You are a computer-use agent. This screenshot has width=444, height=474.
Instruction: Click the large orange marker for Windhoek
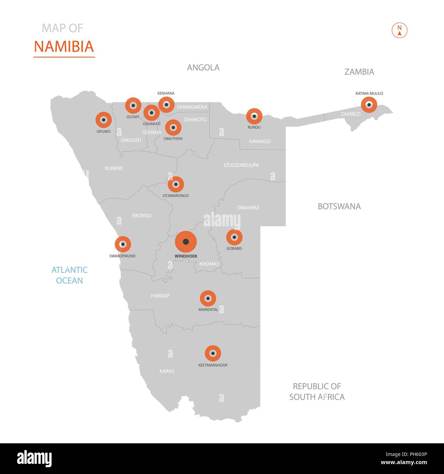pyautogui.click(x=186, y=242)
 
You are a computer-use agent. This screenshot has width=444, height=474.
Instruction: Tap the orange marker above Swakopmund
pyautogui.click(x=123, y=244)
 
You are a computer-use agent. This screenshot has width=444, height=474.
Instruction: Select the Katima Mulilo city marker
pyautogui.click(x=369, y=104)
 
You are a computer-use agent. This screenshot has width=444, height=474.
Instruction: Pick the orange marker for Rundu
pyautogui.click(x=254, y=116)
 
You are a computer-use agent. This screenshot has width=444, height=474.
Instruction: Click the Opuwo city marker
pyautogui.click(x=103, y=120)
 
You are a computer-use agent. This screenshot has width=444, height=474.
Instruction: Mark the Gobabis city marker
pyautogui.click(x=234, y=237)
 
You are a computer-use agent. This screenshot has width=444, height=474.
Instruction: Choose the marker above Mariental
pyautogui.click(x=208, y=299)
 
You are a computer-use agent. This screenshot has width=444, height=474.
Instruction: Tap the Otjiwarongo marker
pyautogui.click(x=176, y=184)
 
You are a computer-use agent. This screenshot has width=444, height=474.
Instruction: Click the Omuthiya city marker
pyautogui.click(x=173, y=128)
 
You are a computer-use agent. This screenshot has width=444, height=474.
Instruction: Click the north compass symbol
pyautogui.click(x=399, y=31)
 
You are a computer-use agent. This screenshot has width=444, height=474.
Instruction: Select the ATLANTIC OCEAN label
pyautogui.click(x=69, y=275)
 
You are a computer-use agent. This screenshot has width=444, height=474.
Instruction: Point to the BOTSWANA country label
pyautogui.click(x=339, y=206)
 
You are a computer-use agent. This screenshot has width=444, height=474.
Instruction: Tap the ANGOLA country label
pyautogui.click(x=203, y=68)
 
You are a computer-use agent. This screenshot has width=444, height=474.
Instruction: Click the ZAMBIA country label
pyautogui.click(x=359, y=72)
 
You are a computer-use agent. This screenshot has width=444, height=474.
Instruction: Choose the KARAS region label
pyautogui.click(x=167, y=371)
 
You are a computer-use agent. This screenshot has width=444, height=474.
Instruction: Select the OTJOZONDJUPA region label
pyautogui.click(x=241, y=165)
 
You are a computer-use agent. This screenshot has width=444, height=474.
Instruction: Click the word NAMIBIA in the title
pyautogui.click(x=64, y=46)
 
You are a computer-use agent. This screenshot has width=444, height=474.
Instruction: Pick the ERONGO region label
pyautogui.click(x=142, y=216)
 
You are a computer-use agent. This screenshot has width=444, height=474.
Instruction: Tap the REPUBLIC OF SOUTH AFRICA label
pyautogui.click(x=317, y=391)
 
